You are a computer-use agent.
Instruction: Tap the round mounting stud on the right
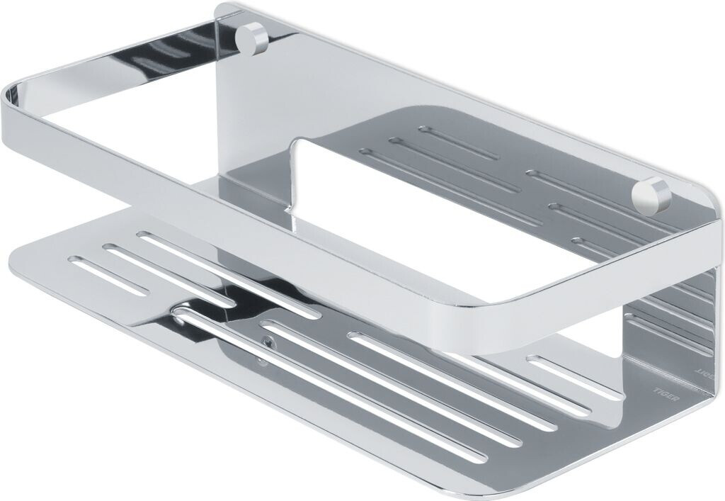[651, 196]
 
